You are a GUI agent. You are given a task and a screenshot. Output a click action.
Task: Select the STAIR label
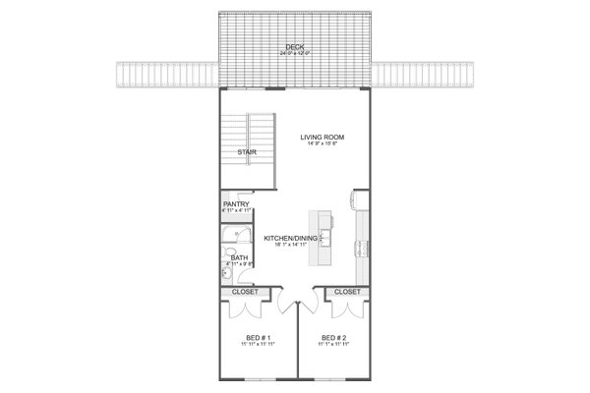[x=246, y=153]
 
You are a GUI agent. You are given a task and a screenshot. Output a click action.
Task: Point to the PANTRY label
[x=236, y=203]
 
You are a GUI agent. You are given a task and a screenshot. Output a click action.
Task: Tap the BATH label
[x=239, y=257]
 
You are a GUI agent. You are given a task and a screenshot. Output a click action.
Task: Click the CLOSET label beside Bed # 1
[x=245, y=292]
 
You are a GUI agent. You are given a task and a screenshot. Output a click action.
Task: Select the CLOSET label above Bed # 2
[x=346, y=292]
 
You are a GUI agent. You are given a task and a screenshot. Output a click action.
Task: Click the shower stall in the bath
[x=237, y=237]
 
